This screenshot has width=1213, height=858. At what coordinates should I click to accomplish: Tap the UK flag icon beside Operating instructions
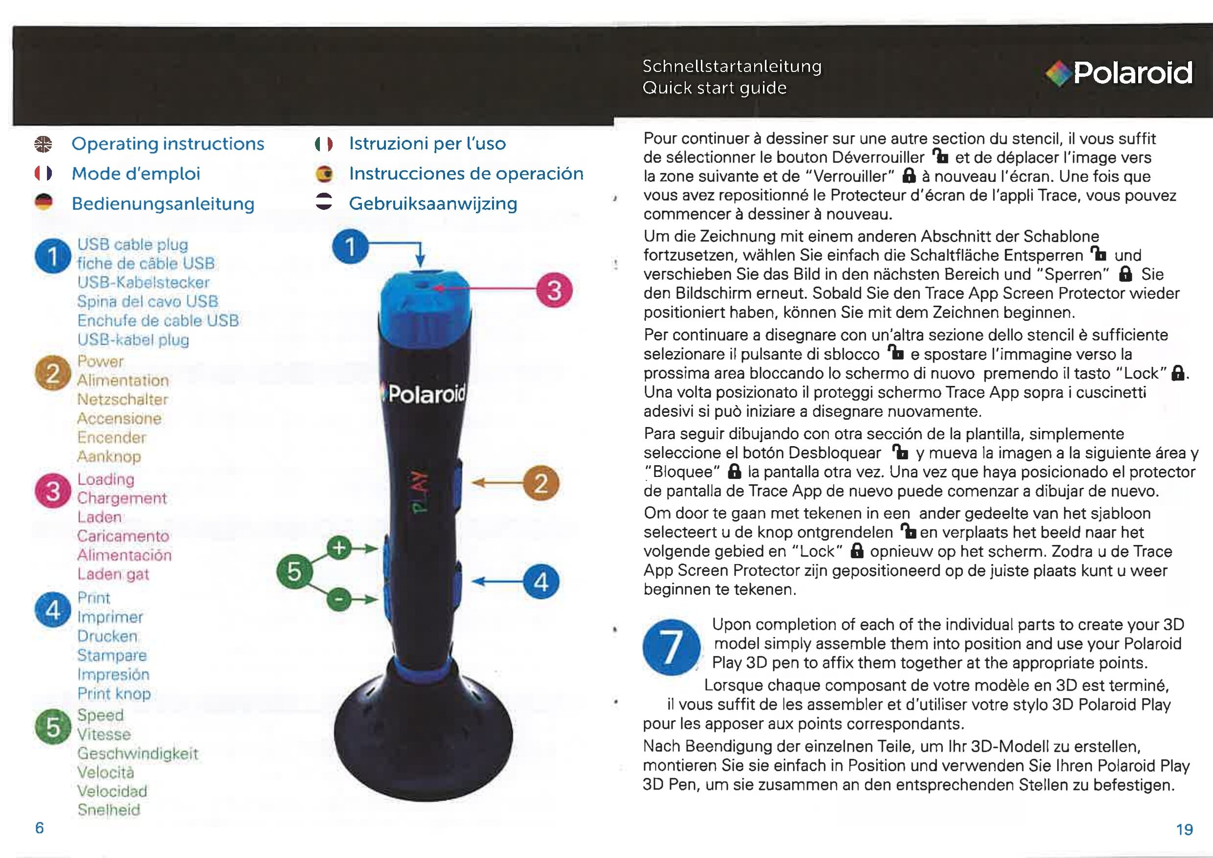pos(44,144)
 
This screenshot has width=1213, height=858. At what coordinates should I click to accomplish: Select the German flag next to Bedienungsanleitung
pos(44,203)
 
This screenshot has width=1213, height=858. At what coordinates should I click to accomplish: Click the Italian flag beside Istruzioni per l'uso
pos(323,144)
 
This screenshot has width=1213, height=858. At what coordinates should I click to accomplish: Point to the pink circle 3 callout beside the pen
pos(554,290)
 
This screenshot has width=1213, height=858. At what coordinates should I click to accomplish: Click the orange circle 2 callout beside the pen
pos(541,483)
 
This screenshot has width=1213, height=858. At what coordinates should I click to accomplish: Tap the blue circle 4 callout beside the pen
pos(541,582)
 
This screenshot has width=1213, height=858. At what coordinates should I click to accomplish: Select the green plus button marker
pos(339,548)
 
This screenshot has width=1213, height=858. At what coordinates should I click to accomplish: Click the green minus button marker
pos(339,600)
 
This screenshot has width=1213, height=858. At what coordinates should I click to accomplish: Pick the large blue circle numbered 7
pos(671,647)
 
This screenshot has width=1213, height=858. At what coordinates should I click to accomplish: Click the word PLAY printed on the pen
pos(420,491)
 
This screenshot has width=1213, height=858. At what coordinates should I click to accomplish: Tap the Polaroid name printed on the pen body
pos(426,394)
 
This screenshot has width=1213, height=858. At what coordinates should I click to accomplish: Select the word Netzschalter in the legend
pos(123,400)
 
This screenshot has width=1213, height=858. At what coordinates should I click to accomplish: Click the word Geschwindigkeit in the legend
pos(138,753)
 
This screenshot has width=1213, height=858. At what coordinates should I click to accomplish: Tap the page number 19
pos(1185,830)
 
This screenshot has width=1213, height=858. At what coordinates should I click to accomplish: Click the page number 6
pos(40,828)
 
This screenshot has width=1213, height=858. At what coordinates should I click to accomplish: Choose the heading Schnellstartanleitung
pos(732,67)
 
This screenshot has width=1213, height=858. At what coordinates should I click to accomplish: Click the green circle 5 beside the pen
pos(294,572)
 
